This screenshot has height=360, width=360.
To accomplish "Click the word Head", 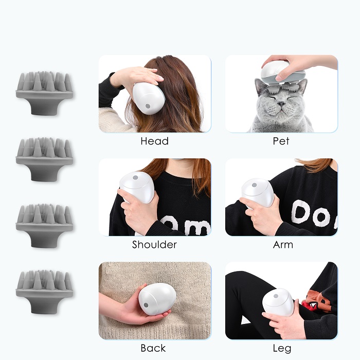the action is pyautogui.click(x=154, y=141).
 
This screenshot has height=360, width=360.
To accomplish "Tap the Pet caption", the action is pyautogui.click(x=281, y=141).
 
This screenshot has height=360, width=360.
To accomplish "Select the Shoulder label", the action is pyautogui.click(x=154, y=244).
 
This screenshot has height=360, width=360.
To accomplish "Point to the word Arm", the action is pyautogui.click(x=283, y=245).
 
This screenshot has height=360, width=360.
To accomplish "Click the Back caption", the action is pyautogui.click(x=153, y=348).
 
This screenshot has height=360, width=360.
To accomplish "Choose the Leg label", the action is pyautogui.click(x=282, y=349).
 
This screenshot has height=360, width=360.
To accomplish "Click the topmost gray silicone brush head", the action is pyautogui.click(x=44, y=93).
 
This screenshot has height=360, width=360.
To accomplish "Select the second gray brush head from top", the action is pyautogui.click(x=44, y=159).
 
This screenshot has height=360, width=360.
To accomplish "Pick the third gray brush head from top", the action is pyautogui.click(x=44, y=226).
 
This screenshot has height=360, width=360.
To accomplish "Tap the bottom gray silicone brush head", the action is pyautogui.click(x=44, y=292).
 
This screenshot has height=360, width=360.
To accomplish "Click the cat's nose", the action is pyautogui.click(x=281, y=104).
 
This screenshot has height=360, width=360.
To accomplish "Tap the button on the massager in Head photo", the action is pyautogui.click(x=148, y=106).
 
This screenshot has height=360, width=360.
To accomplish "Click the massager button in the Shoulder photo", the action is pyautogui.click(x=135, y=177).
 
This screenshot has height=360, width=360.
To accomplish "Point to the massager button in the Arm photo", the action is pyautogui.click(x=254, y=185).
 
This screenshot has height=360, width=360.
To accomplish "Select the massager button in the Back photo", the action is pyautogui.click(x=146, y=305).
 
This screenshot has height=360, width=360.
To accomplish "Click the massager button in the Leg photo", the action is pyautogui.click(x=276, y=296).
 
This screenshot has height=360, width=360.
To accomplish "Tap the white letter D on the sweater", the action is pyautogui.click(x=301, y=212).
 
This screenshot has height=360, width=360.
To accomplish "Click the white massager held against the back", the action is pyautogui.click(x=157, y=298).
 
